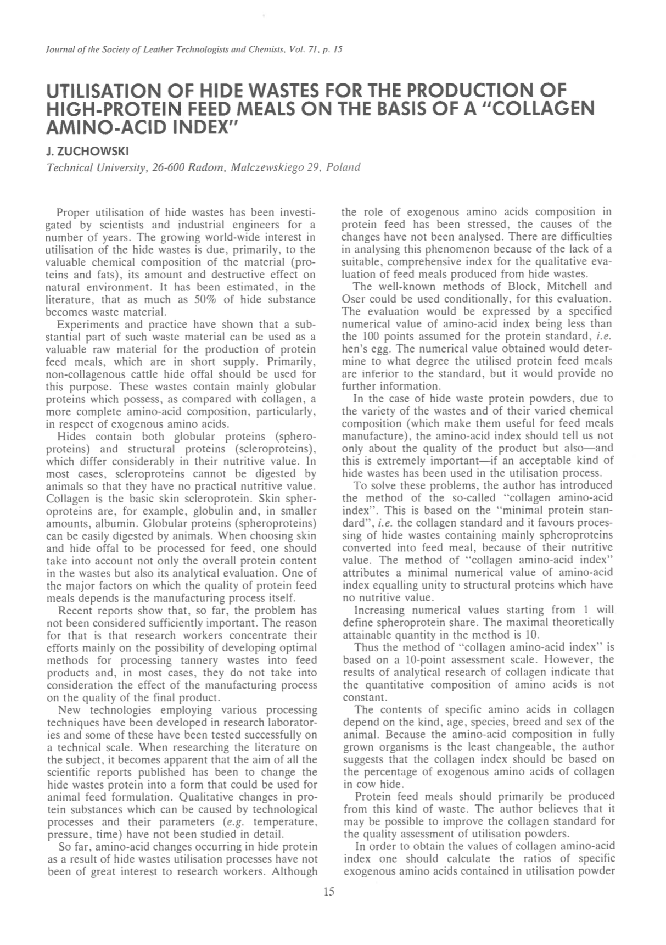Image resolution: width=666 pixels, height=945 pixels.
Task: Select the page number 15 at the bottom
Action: [329, 892]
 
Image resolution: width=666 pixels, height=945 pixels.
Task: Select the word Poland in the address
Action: [343, 167]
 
